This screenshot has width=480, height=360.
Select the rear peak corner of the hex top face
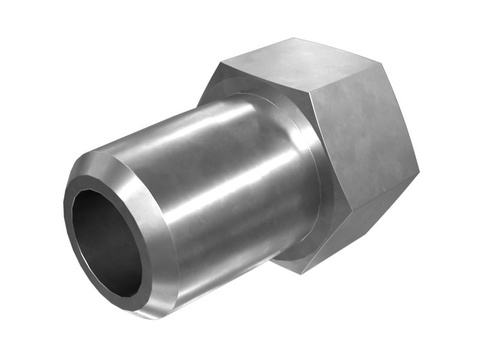click(x=293, y=38)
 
